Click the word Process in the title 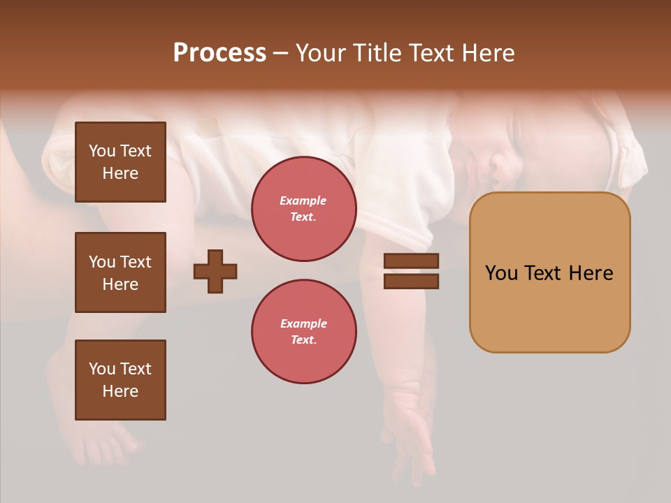219,53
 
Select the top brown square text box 120,162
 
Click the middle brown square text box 120,272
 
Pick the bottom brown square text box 120,380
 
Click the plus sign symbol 215,271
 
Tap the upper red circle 304,209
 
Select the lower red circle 304,332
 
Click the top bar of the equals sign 412,261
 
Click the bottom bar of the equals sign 412,281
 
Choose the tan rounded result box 549,272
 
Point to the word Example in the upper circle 303,201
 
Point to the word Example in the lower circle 303,323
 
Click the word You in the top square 101,151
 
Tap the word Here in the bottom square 120,391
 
